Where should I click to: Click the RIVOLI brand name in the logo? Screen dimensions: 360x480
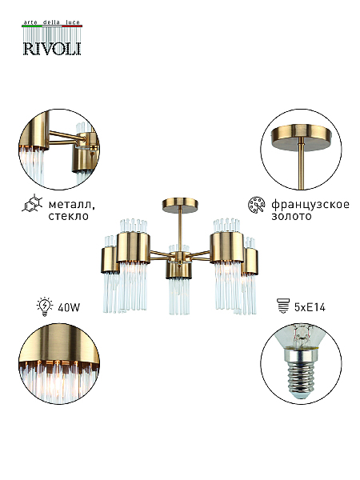click(52, 49)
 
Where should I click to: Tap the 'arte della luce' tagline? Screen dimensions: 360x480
click(52, 22)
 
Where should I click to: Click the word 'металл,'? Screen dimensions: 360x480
click(72, 204)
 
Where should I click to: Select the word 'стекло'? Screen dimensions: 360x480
click(69, 216)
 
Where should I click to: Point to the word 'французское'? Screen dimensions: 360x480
click(310, 205)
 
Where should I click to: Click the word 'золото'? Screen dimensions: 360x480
click(291, 216)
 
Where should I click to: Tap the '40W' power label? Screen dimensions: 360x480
click(69, 307)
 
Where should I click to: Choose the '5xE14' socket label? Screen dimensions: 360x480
click(310, 307)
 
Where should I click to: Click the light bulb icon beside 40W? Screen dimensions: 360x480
click(45, 306)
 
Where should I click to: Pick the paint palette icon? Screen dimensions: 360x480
click(257, 205)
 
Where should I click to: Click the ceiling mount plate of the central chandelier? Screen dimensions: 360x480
click(180, 204)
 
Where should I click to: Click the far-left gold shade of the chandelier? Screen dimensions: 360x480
click(110, 260)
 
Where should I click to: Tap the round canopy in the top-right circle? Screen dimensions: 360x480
click(302, 135)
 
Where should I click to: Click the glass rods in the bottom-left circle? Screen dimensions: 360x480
click(58, 382)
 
